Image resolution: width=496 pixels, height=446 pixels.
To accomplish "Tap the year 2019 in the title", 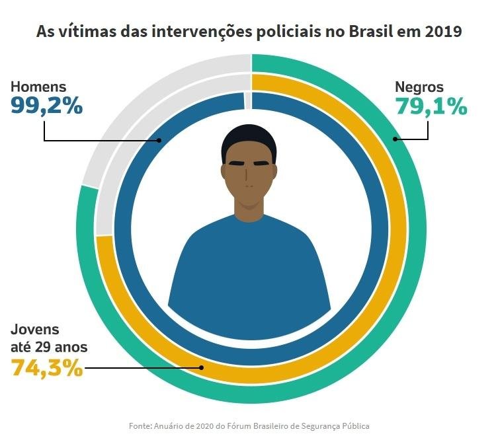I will click(x=443, y=32).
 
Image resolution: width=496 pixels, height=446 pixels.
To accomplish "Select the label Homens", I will click(x=38, y=87).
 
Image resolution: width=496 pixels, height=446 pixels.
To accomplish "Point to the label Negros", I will click(x=419, y=87).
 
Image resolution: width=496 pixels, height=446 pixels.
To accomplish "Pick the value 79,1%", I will click(x=431, y=106).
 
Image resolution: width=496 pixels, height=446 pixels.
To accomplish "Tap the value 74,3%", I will click(x=47, y=367).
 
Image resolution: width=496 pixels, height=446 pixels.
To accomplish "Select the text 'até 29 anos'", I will click(x=49, y=346).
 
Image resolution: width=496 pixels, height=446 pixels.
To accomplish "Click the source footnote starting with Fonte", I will click(x=249, y=426).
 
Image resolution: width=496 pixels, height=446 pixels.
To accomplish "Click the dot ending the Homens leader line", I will click(x=160, y=140).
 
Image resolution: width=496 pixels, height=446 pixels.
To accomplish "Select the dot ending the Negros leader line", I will click(x=395, y=139).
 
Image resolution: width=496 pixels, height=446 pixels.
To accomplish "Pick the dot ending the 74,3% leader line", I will click(x=202, y=368).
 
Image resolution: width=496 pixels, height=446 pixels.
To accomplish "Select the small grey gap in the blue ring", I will click(x=248, y=100).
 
